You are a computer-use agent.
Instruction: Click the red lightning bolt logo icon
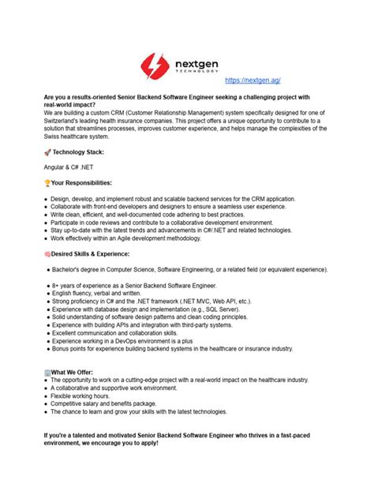(x=155, y=65)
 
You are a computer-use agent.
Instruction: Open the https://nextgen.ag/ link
(x=252, y=81)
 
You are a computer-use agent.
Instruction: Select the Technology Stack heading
(x=77, y=152)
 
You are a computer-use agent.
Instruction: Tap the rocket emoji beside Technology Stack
(x=47, y=152)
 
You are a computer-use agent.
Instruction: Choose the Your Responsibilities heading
(x=81, y=182)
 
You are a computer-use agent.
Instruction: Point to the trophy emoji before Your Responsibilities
(x=47, y=182)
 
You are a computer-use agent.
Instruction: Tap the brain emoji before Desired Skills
(x=47, y=253)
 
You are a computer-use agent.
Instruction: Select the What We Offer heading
(x=79, y=372)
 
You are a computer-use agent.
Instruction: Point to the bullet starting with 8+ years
(x=133, y=284)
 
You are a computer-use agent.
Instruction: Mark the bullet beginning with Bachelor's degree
(x=189, y=268)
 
